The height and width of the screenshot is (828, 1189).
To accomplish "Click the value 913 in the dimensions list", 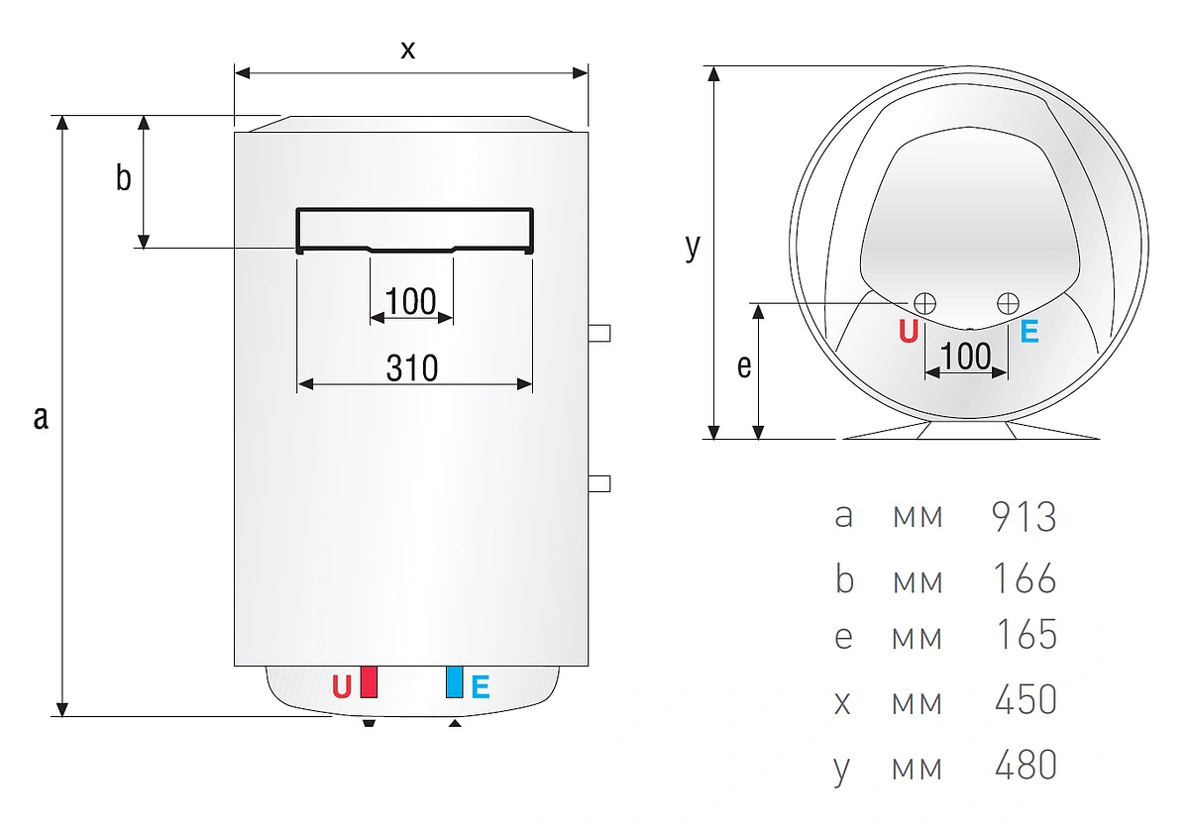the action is point(1024,516).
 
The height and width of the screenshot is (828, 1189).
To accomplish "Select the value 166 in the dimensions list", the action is point(1024,578).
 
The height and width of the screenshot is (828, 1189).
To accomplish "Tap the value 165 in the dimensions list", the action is point(1027,635).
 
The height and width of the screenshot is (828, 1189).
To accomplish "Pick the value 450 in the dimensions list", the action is point(1026,699).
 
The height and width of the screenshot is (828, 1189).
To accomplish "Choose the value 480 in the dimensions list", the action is point(1026,765).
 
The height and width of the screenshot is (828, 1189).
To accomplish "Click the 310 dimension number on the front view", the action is point(412,368).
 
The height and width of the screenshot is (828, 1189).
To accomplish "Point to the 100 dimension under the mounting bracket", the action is point(411,301).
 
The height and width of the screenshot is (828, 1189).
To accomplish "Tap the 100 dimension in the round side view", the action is point(965,356).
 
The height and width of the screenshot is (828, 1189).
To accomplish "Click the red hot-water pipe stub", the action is point(369,682).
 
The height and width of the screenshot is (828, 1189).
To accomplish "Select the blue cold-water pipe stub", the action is point(455,681).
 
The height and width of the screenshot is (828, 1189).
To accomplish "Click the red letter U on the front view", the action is point(342,687).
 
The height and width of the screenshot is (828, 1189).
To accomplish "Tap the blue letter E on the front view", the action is point(481,687).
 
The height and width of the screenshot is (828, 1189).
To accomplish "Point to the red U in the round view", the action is point(909,332).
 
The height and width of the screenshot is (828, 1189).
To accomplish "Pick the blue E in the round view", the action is point(1029,332).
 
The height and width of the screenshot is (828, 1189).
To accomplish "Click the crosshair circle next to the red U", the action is point(924,304).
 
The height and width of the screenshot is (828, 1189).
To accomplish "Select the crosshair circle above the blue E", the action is point(1008,304).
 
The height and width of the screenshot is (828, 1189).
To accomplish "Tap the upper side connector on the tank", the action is point(599,333).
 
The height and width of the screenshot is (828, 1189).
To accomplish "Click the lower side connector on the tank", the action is point(599,483).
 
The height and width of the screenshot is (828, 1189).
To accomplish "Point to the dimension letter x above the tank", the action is point(407,50).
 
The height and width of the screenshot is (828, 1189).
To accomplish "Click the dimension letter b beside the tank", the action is point(123,177).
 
